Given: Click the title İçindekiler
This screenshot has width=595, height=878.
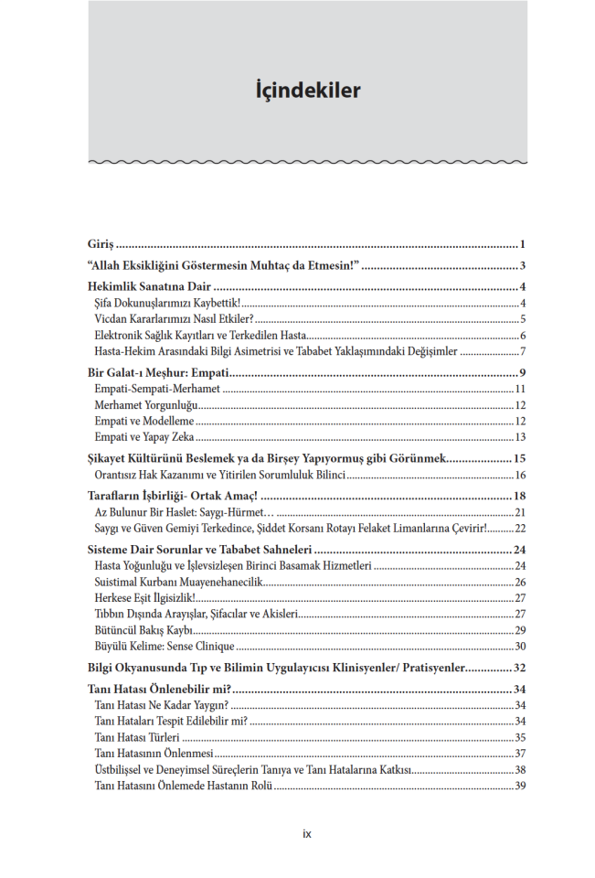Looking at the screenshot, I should point(307,91).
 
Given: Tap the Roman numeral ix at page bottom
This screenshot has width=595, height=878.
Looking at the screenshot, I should point(307,833).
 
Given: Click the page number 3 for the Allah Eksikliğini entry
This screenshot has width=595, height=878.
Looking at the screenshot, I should point(521,266).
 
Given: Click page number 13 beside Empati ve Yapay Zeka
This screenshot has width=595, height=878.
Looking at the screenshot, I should point(518,437).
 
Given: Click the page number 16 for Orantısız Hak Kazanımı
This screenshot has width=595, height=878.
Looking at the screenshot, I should point(518,475).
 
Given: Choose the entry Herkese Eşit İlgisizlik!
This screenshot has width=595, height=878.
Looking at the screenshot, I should point(144,597).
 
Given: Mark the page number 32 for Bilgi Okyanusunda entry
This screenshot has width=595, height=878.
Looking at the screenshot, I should point(518,668).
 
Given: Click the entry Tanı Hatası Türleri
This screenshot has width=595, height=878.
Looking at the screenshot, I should point(137,737).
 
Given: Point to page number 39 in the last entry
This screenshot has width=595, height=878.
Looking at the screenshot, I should point(518,786).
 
